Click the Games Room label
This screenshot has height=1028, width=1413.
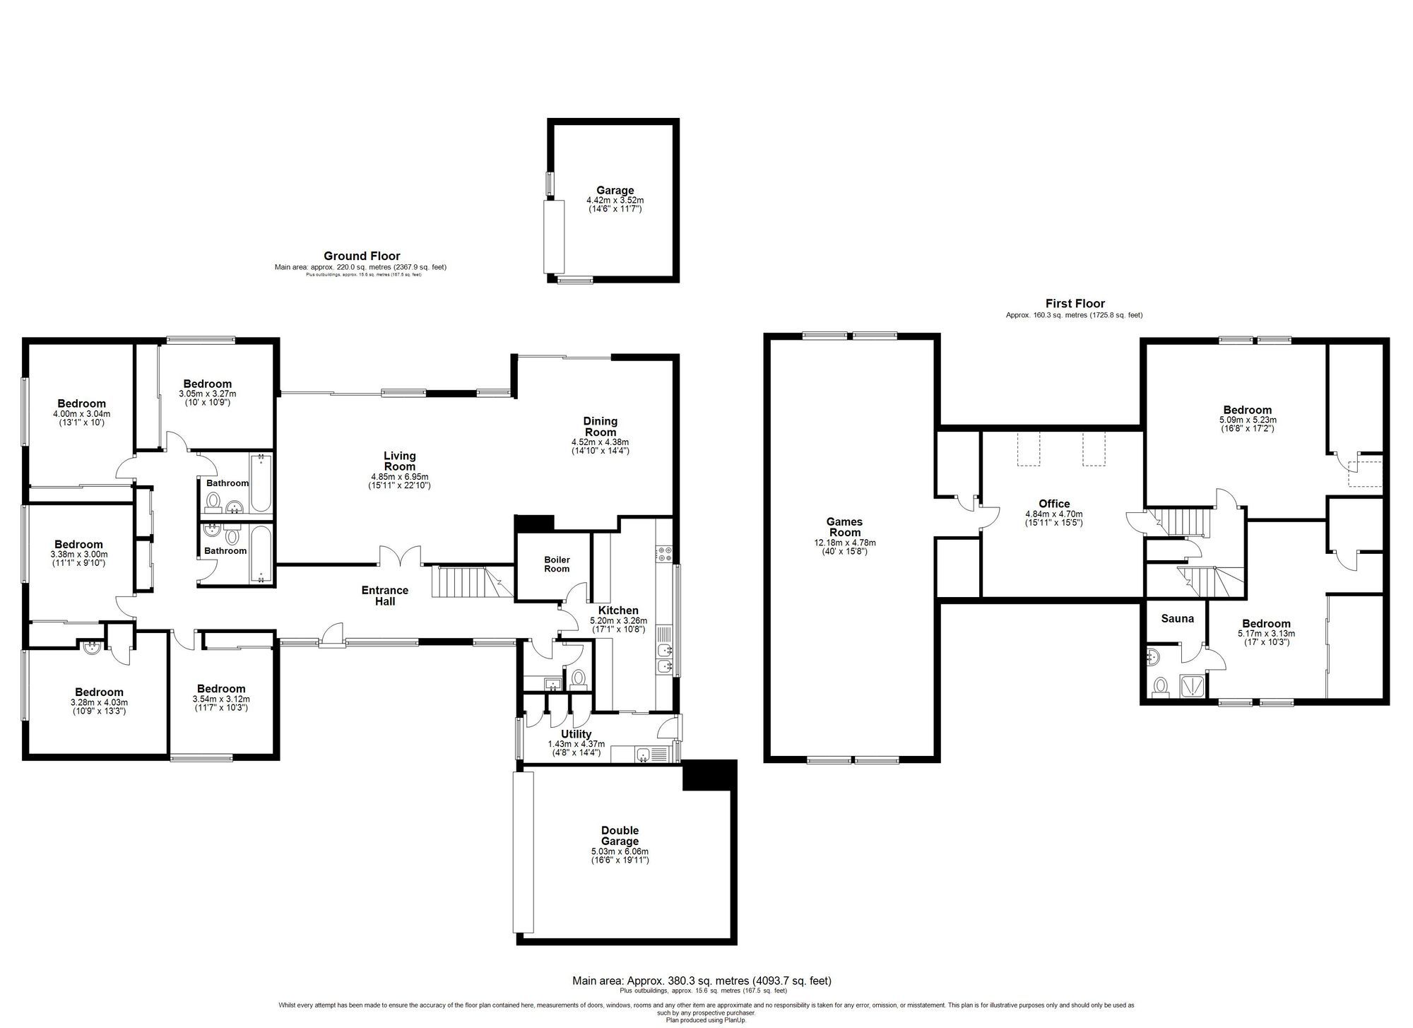pos(844,527)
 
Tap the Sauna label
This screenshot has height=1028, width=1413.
pos(1177,619)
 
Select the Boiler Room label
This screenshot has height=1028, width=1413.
pos(557,564)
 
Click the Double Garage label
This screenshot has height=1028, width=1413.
pos(620,836)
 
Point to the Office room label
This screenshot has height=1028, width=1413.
pos(1053,504)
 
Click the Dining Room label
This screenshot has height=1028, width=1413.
pos(600,427)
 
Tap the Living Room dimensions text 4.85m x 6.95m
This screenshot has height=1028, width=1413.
pos(399,477)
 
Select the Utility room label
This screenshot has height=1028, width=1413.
pos(575,734)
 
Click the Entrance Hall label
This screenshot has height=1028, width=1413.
pos(385,596)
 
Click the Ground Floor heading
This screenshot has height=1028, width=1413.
pos(362,256)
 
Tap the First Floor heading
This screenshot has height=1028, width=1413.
pos(1075,304)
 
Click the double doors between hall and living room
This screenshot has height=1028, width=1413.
pos(401,557)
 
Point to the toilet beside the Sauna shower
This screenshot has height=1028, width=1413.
pos(1159,686)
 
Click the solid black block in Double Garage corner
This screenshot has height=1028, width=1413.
pos(709,776)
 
